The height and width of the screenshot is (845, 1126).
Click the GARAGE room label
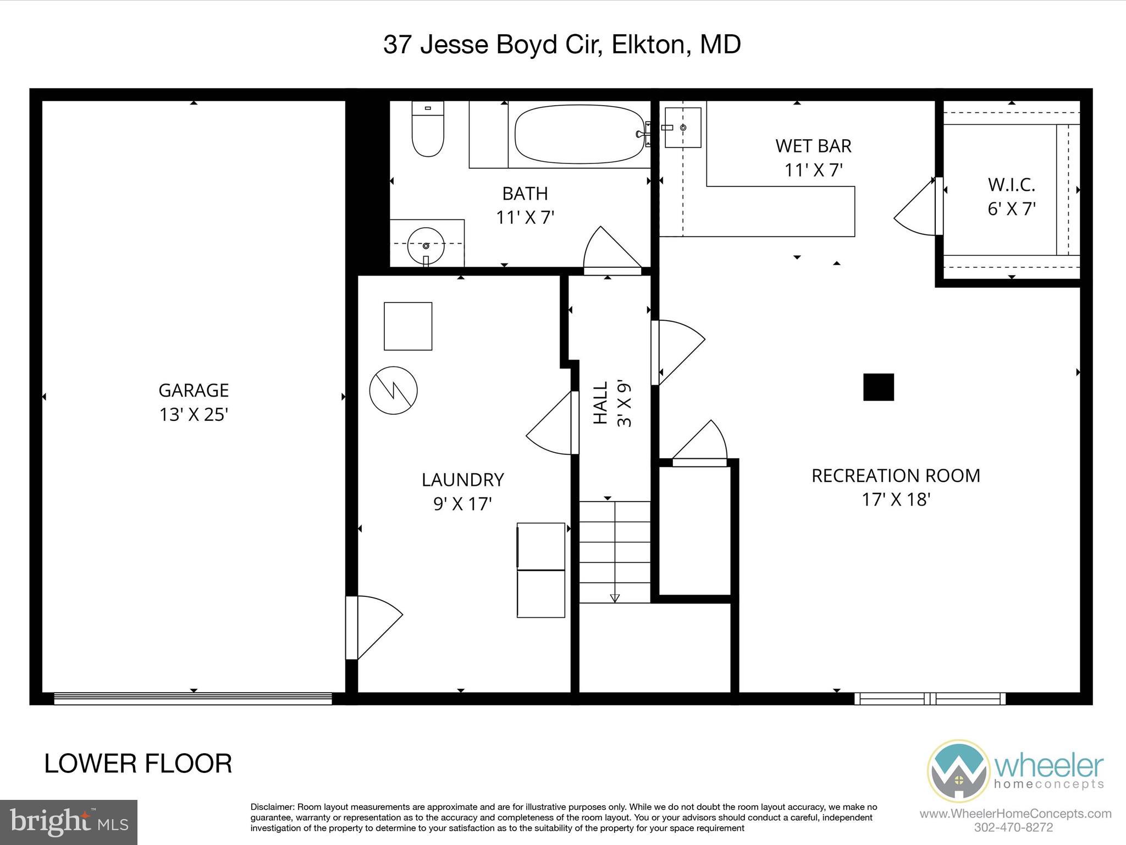pos(194,390)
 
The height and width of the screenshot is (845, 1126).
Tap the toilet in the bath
pos(428,130)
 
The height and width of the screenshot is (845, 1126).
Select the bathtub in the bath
pos(578,134)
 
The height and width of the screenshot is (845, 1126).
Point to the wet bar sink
pos(683,128)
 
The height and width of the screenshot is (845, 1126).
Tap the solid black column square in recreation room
pos(878,387)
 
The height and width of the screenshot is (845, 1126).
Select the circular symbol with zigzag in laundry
pos(393,391)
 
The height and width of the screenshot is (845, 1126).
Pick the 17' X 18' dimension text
pos(896,500)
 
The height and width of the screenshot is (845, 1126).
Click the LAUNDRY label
pos(462,480)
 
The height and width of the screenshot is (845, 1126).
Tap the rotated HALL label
pos(600,403)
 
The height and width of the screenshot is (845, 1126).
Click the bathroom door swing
pos(610,250)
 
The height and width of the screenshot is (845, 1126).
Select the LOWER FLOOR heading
pos(138,764)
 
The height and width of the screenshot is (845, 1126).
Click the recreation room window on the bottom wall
pos(930,699)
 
